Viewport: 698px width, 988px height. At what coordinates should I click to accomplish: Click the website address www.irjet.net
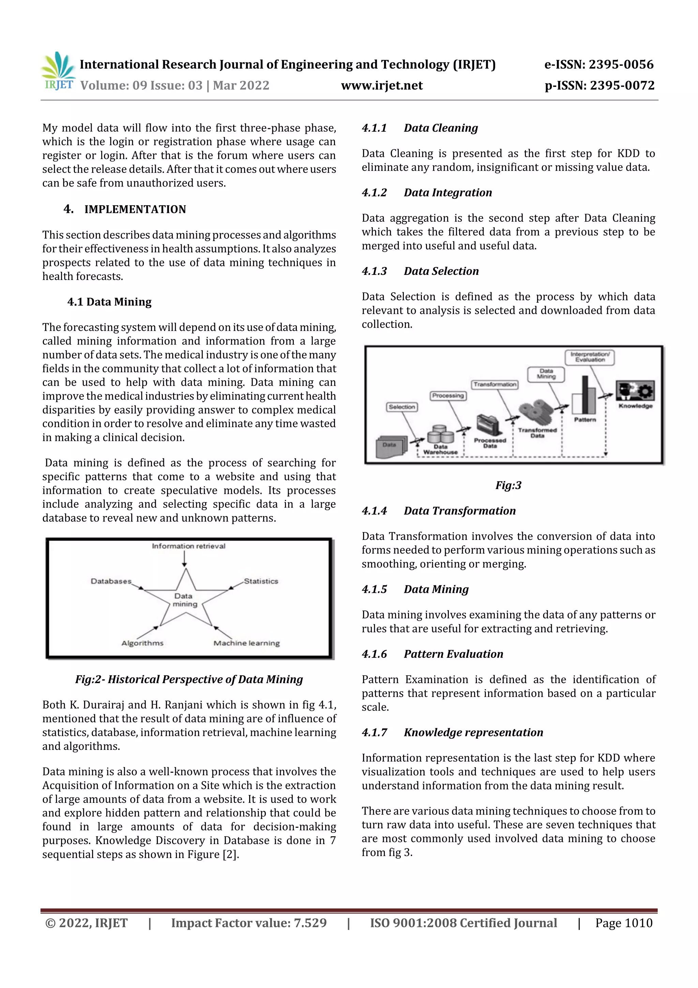pyautogui.click(x=381, y=86)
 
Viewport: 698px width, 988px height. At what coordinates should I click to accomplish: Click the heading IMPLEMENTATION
pyautogui.click(x=135, y=209)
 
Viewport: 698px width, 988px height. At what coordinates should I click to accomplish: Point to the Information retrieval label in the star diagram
pyautogui.click(x=188, y=546)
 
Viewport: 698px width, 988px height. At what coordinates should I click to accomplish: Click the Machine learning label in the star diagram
pyautogui.click(x=246, y=643)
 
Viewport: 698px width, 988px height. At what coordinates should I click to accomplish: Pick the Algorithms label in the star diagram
pyautogui.click(x=142, y=643)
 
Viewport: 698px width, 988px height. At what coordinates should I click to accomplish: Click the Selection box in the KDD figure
pyautogui.click(x=402, y=407)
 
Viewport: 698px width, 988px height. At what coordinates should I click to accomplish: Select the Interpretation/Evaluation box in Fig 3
pyautogui.click(x=590, y=357)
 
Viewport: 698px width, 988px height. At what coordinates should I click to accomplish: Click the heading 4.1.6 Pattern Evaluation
pyautogui.click(x=432, y=654)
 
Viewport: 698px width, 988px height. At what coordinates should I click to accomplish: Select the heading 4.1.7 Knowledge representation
pyautogui.click(x=452, y=733)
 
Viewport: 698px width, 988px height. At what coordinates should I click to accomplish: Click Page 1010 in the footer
pyautogui.click(x=624, y=923)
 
